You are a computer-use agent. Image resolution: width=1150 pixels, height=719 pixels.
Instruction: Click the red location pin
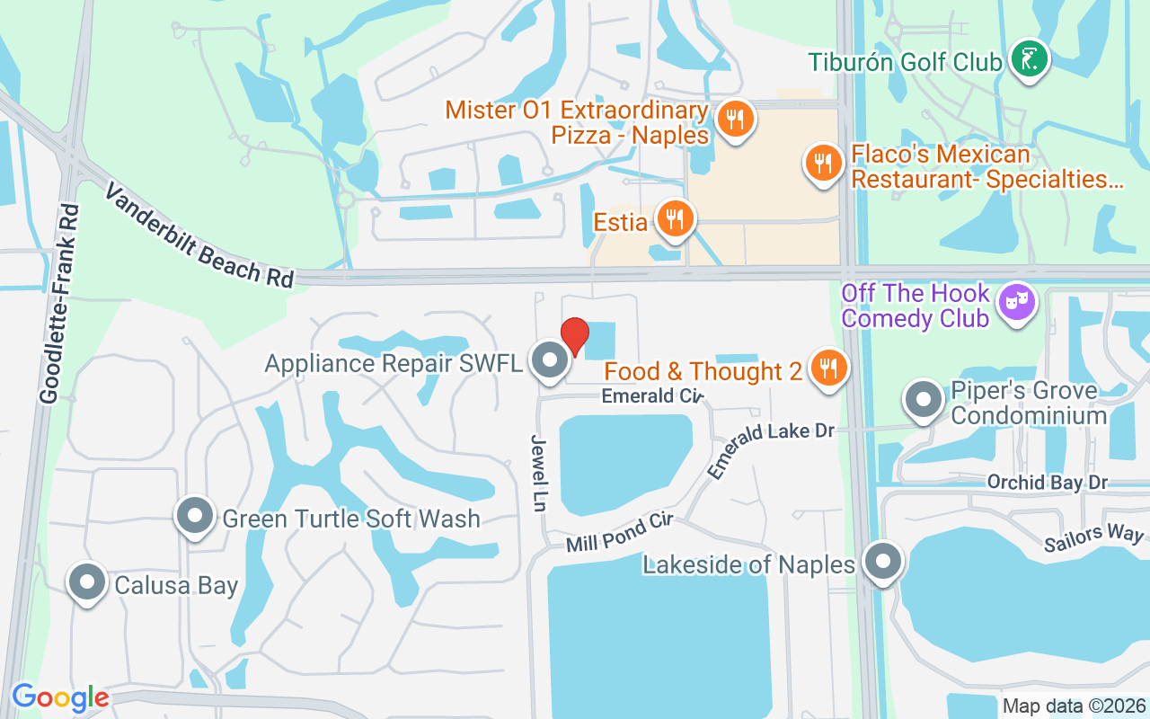pyautogui.click(x=575, y=335)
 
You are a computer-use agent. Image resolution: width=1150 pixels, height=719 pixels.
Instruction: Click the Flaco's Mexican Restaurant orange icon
pyautogui.click(x=821, y=164)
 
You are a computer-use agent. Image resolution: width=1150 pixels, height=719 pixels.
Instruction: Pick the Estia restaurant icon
pyautogui.click(x=674, y=217)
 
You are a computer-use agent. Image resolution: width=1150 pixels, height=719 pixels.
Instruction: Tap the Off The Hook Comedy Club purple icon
pyautogui.click(x=1017, y=303)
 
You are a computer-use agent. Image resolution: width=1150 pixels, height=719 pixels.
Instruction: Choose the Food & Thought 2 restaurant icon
pyautogui.click(x=828, y=368)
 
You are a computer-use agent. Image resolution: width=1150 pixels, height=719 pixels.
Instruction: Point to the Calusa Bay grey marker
pyautogui.click(x=87, y=582)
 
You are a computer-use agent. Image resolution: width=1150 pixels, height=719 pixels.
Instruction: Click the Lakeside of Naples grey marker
pyautogui.click(x=882, y=562)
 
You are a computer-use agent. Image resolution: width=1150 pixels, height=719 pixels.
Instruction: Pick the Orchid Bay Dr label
pyautogui.click(x=1047, y=483)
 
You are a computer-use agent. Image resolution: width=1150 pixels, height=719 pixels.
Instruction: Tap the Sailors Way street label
pyautogui.click(x=1093, y=538)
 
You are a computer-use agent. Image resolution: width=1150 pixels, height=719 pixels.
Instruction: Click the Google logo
pyautogui.click(x=60, y=697)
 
